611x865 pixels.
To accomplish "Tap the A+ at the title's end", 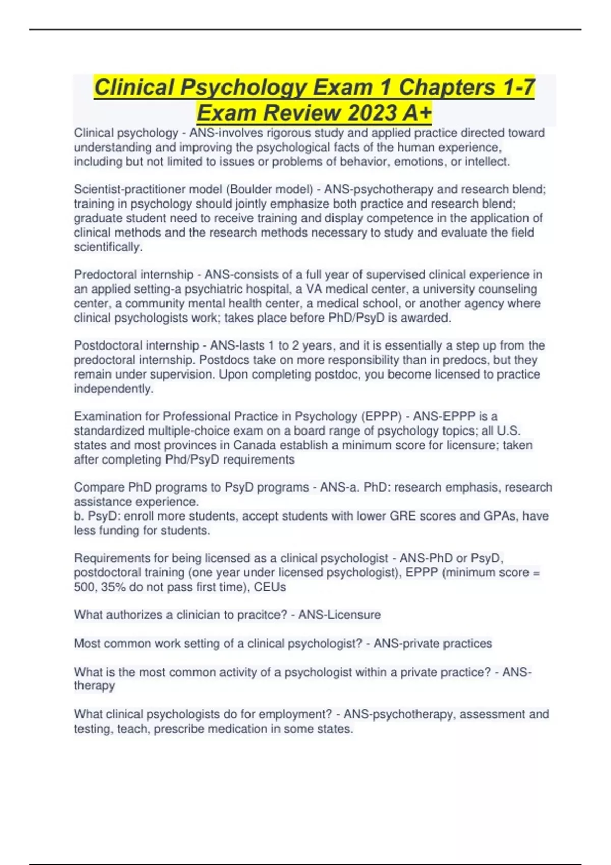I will (x=416, y=112).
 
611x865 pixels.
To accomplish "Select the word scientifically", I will (x=108, y=247).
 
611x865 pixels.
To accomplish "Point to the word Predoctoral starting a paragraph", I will (x=105, y=275).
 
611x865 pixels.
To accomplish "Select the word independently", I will (x=114, y=389).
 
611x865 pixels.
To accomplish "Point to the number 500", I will (x=84, y=587).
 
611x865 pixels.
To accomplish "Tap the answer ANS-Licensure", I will (x=340, y=615).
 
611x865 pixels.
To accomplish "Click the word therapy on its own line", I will (x=94, y=685).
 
